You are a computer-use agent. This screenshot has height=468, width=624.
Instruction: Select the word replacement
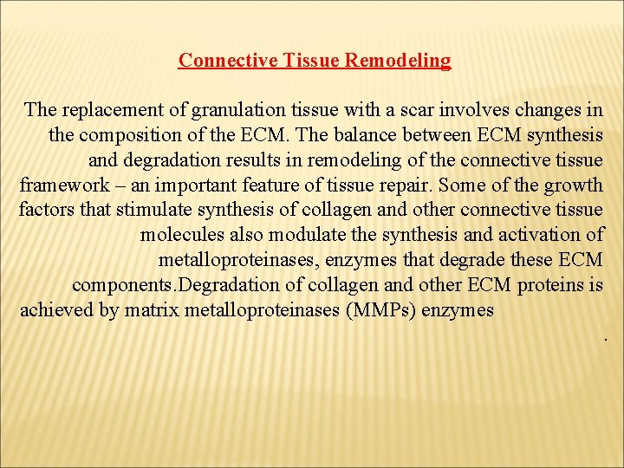click(x=107, y=110)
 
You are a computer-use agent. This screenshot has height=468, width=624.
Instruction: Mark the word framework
click(x=62, y=185)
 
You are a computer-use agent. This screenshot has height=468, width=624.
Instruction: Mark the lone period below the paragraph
click(x=604, y=337)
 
